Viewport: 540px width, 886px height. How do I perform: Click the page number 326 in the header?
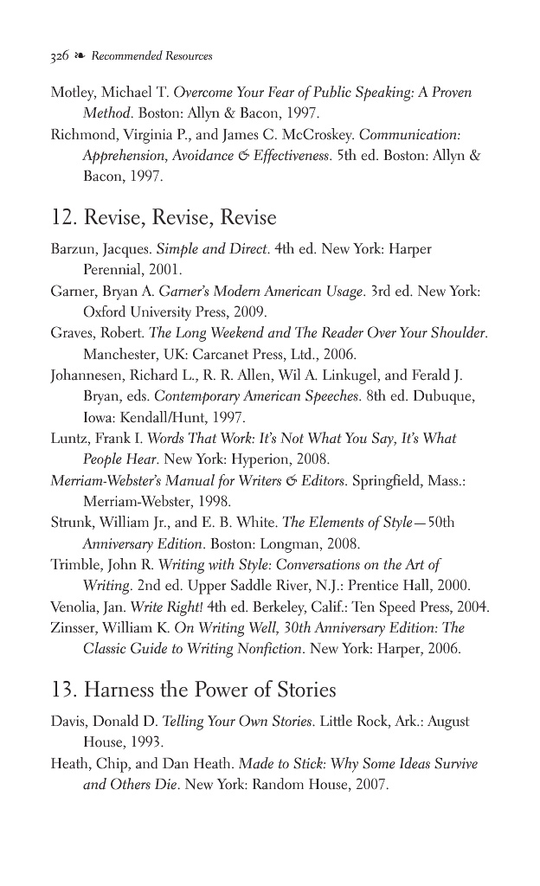pyautogui.click(x=60, y=56)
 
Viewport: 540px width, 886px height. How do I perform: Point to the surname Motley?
pyautogui.click(x=72, y=93)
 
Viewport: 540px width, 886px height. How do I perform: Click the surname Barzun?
pyautogui.click(x=72, y=249)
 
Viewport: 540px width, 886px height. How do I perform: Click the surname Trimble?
pyautogui.click(x=75, y=565)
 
